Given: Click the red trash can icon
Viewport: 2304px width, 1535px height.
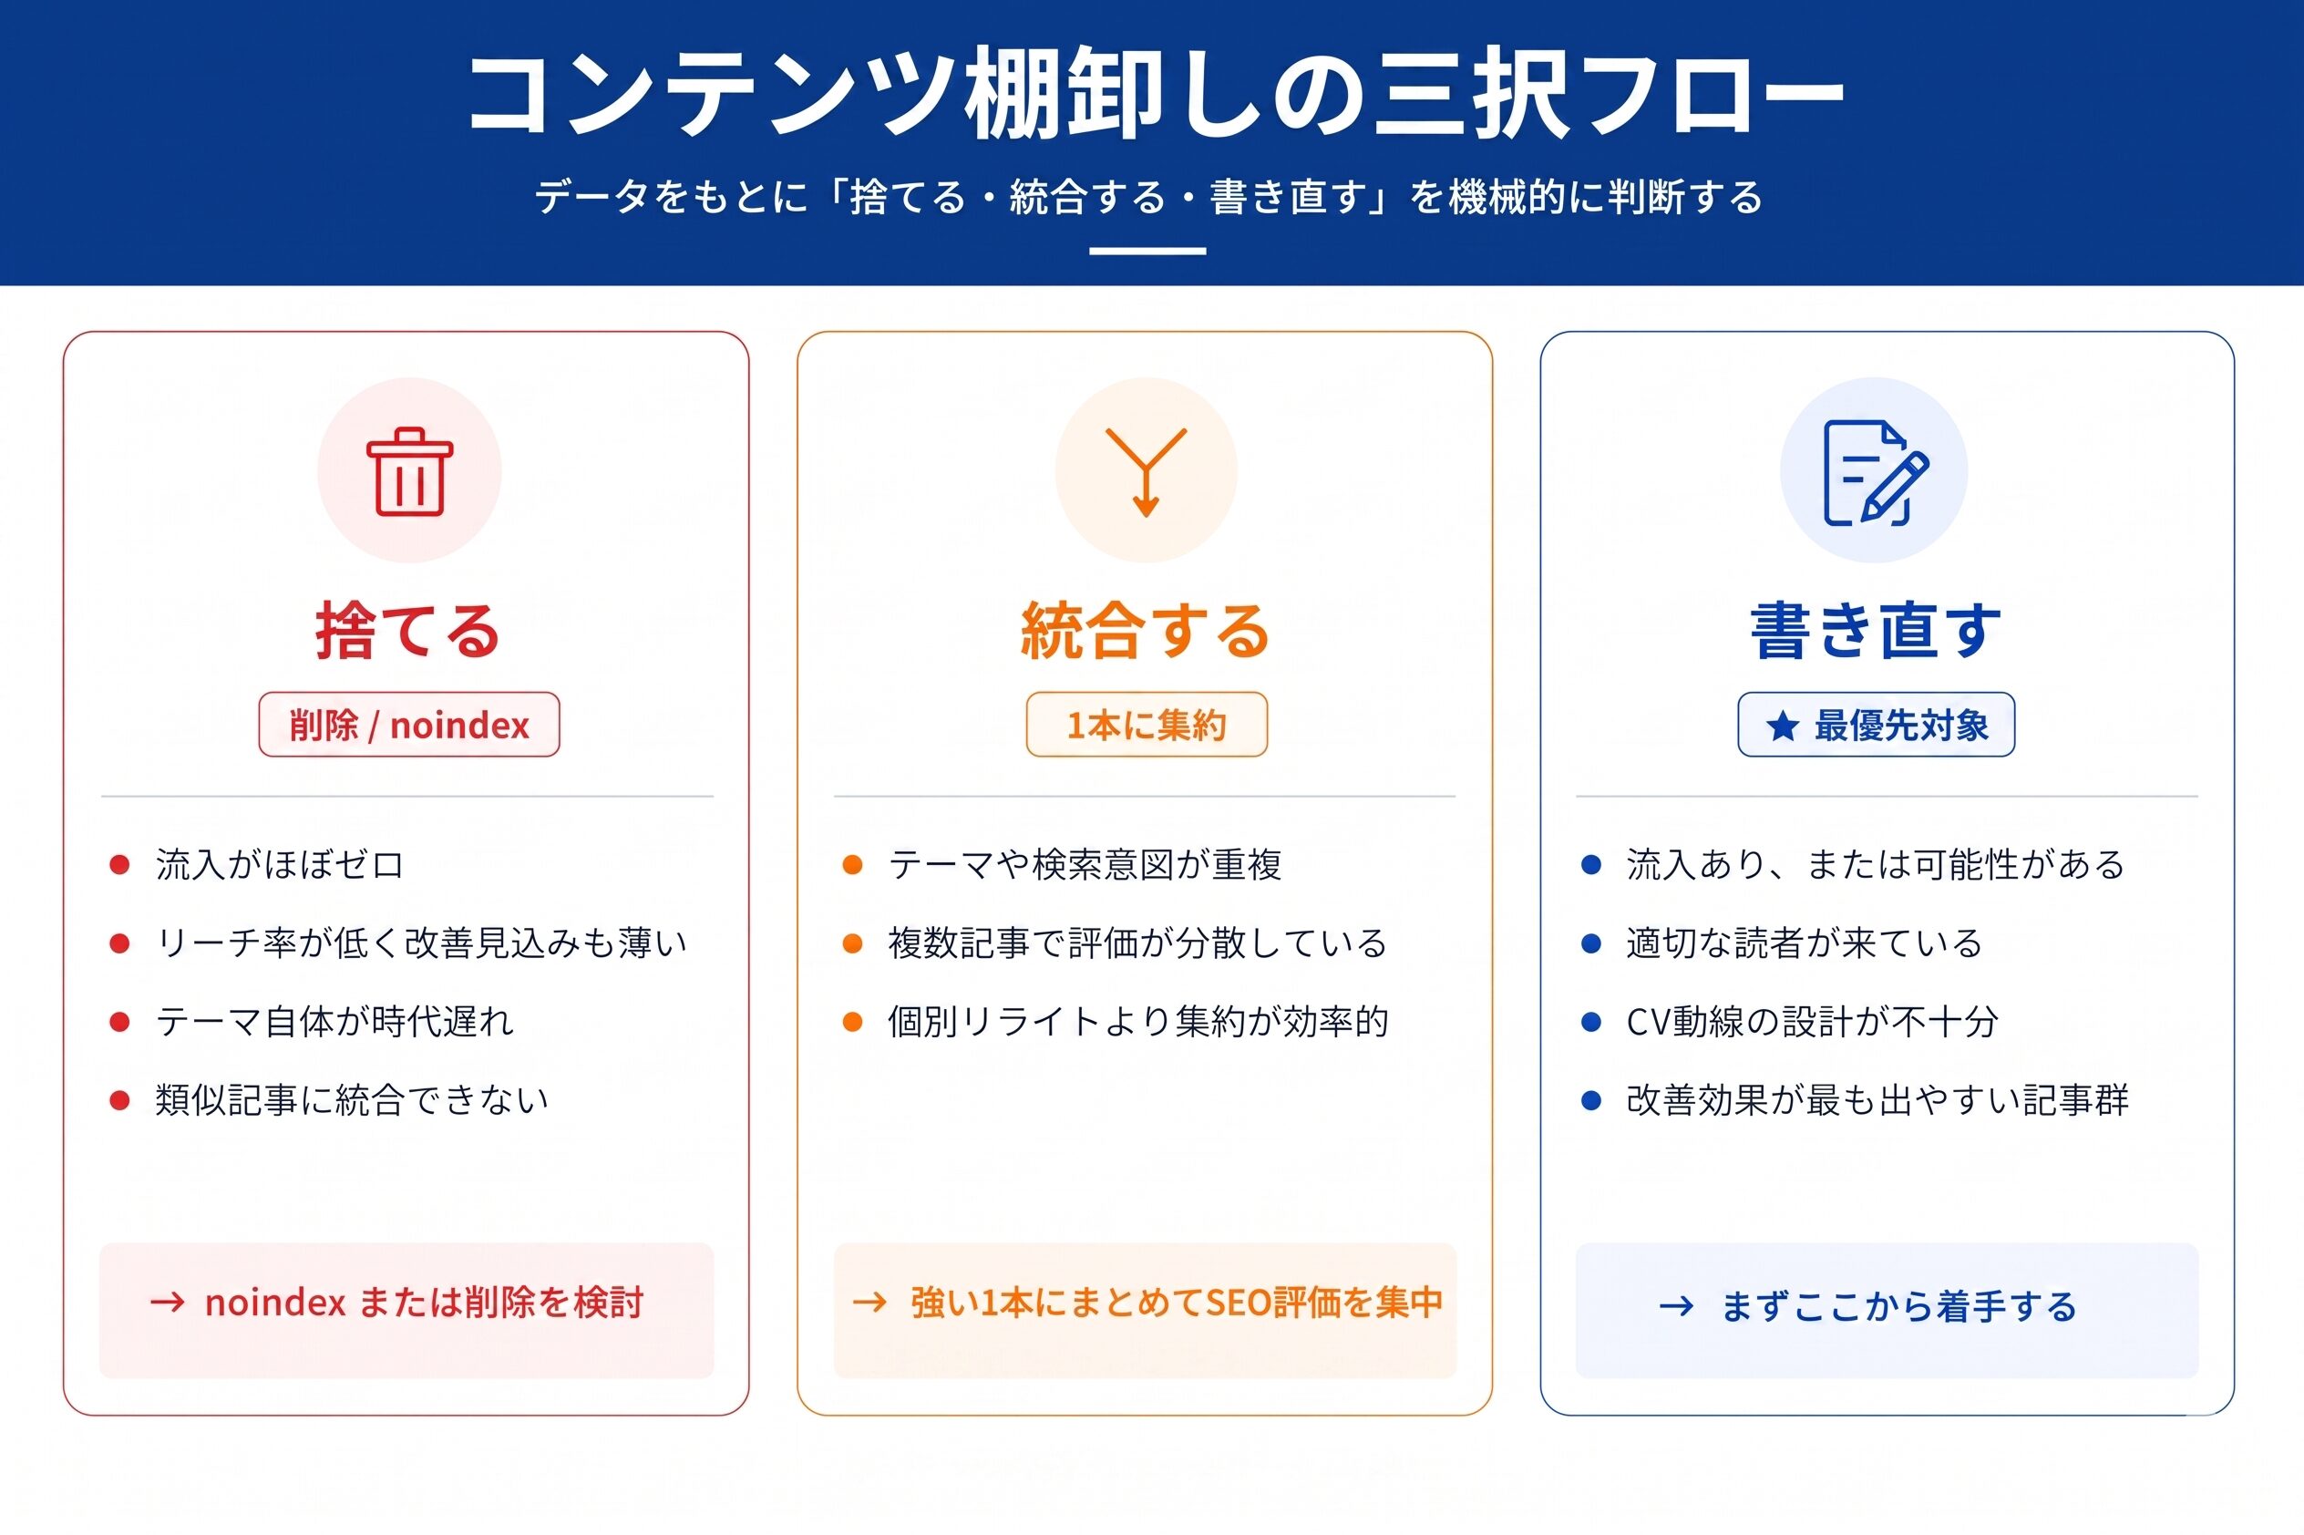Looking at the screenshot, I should coord(409,471).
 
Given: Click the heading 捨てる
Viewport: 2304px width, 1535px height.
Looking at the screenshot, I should coord(407,631).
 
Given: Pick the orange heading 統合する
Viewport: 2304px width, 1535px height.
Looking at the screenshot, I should coord(1145,631).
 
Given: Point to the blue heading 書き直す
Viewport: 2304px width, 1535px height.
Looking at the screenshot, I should coord(1876,631).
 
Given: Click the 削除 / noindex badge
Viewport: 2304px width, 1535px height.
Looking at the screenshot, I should coord(409,726).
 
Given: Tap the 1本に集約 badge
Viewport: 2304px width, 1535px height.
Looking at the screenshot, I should coord(1147,726).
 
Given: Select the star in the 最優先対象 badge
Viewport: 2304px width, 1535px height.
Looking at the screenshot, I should coord(1783,726).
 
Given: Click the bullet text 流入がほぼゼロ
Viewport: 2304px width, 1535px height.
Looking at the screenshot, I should coord(280,864).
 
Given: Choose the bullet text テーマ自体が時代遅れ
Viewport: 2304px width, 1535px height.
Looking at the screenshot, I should coord(334,1022).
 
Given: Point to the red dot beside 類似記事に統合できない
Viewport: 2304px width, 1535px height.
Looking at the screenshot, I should coord(119,1101).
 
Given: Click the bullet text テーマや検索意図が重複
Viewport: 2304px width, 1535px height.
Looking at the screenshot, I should coord(1085,864).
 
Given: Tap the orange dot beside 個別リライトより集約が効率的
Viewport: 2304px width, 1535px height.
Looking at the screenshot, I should coord(852,1022).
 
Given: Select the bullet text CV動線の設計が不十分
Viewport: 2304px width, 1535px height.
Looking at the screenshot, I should coord(1812,1022).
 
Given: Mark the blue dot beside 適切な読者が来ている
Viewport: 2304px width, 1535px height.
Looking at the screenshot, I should coord(1591,943).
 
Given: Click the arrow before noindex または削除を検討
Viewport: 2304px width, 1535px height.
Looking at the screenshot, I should coord(168,1302).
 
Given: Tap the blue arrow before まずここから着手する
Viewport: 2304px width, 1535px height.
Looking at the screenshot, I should coord(1677,1306).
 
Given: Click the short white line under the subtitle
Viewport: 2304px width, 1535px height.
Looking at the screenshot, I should coord(1147,252).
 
